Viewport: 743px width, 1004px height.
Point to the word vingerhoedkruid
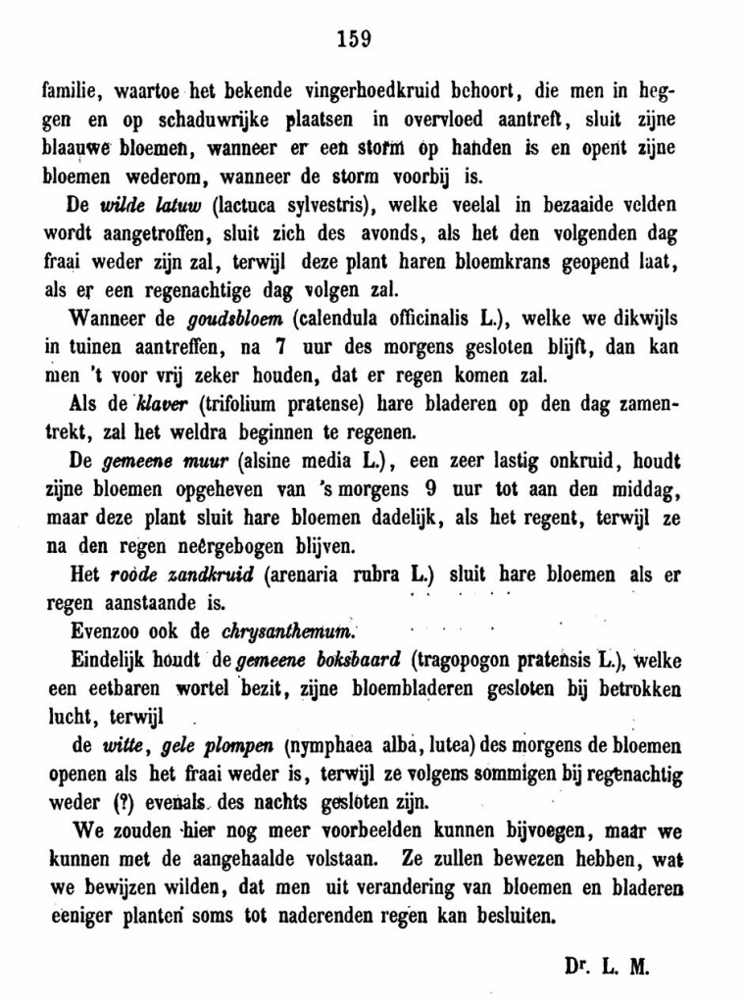point(371,94)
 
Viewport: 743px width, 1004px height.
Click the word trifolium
point(245,403)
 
